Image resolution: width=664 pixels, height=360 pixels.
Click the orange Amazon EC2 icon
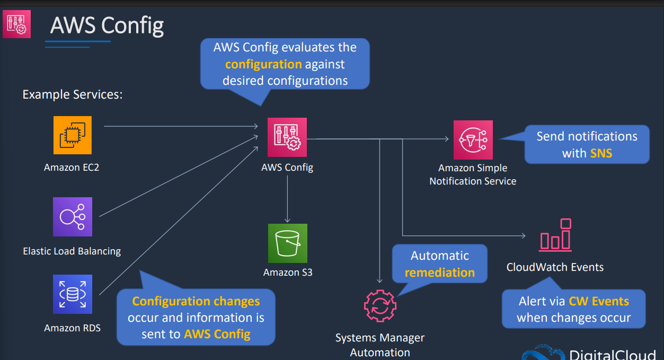pos(73,135)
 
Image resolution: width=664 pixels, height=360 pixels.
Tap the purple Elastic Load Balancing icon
pos(73,217)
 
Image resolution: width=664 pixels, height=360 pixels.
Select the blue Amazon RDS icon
pos(73,294)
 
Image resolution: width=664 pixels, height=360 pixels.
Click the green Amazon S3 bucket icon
pos(288,243)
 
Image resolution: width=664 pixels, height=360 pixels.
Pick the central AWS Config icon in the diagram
pos(287,137)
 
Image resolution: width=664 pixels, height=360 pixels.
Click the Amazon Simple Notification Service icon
pos(473,140)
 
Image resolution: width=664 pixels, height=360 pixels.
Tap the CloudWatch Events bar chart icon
pos(555,235)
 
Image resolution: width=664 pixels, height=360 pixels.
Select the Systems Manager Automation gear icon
pos(380,306)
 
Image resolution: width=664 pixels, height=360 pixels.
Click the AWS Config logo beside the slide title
pos(16,24)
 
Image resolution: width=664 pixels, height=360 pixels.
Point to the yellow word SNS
pos(601,153)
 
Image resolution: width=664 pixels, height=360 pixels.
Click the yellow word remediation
pos(440,273)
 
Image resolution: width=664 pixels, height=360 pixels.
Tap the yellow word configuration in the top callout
pos(263,64)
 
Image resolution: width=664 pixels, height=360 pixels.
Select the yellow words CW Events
pos(599,301)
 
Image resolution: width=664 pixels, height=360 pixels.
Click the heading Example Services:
pos(73,94)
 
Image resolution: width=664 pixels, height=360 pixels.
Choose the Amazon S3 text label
pos(288,272)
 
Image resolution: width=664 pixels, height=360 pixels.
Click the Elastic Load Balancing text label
pos(72,251)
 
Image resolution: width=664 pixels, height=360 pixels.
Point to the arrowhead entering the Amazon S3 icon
pos(287,221)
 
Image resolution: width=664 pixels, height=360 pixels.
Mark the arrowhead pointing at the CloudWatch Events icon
pos(524,236)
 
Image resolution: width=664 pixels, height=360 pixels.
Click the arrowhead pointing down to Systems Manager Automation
pos(380,280)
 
